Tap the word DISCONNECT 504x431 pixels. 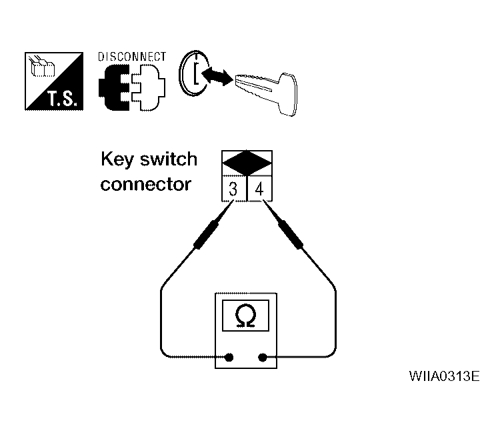pos(132,57)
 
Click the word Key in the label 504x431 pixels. pos(116,159)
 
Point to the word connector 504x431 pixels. pos(145,183)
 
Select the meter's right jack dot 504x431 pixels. pos(263,357)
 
